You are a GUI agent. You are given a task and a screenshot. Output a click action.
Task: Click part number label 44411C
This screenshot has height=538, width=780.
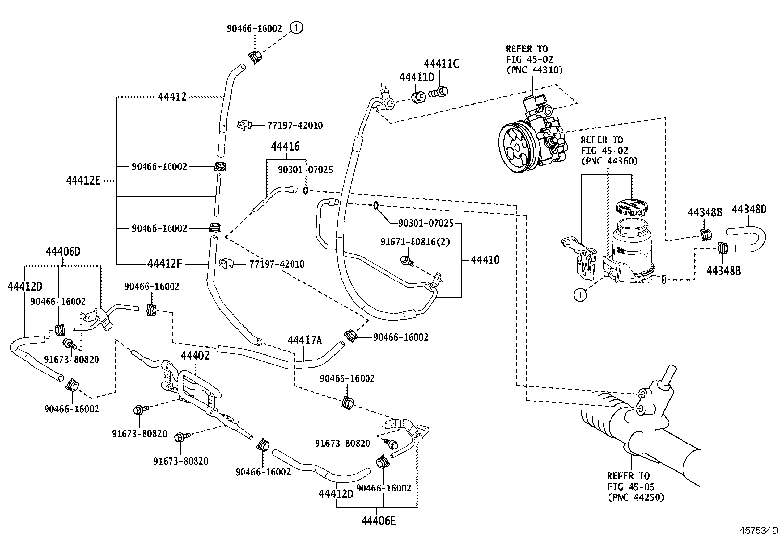tap(441, 64)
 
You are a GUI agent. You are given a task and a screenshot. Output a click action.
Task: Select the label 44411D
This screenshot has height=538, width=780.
tap(416, 77)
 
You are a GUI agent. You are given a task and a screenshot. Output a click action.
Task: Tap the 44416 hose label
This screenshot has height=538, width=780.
tap(286, 146)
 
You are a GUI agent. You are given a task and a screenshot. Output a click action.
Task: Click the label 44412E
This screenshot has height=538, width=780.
tap(83, 181)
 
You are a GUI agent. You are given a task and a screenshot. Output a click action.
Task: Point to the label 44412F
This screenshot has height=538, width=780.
tap(165, 264)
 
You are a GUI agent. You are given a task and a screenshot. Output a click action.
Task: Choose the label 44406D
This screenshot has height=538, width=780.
tap(63, 252)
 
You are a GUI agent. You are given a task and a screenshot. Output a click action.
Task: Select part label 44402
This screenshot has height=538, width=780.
tap(195, 356)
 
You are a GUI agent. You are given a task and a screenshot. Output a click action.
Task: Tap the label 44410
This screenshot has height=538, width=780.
tap(485, 260)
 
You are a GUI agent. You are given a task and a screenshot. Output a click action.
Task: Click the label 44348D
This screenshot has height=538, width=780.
tap(749, 210)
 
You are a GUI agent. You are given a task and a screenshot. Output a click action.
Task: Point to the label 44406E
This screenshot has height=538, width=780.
tap(378, 520)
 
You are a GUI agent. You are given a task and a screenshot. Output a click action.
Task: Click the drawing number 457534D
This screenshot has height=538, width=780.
tap(759, 531)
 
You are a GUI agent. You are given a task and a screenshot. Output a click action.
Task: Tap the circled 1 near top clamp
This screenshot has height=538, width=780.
tap(296, 28)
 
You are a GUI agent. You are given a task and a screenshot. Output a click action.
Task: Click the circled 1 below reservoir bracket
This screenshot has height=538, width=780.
tap(580, 295)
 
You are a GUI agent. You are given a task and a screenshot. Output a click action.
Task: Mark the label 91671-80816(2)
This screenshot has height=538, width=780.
tap(415, 242)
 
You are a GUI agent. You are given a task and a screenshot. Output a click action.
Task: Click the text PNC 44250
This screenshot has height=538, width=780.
tap(635, 497)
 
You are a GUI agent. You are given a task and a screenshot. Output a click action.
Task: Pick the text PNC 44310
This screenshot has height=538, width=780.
tap(534, 70)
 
